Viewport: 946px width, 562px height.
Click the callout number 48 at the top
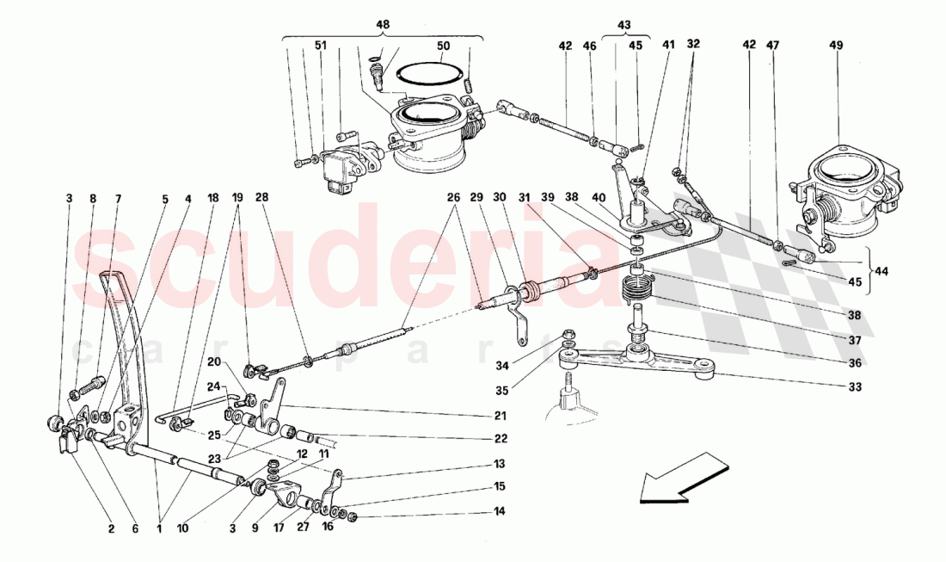(x=383, y=25)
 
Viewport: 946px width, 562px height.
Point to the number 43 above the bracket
(x=623, y=25)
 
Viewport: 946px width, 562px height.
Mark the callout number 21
(x=501, y=416)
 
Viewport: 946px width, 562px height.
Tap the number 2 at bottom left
(x=111, y=529)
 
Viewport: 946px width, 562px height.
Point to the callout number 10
(x=182, y=529)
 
